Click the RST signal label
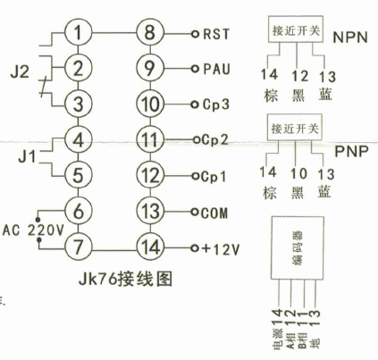click(217, 35)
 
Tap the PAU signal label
click(217, 69)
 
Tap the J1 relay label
click(18, 158)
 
